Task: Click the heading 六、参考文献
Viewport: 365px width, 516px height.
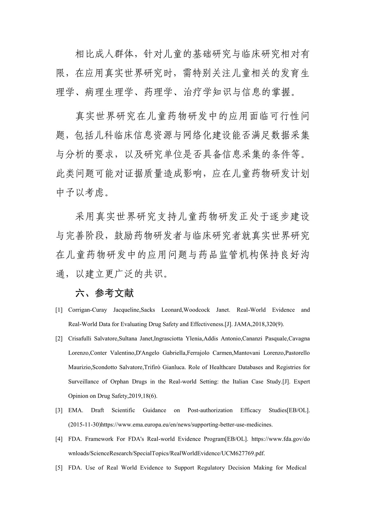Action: (104, 293)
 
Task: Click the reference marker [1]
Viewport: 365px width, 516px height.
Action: (59, 310)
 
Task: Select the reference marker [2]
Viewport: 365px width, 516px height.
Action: (59, 339)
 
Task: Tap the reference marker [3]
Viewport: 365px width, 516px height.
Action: (59, 410)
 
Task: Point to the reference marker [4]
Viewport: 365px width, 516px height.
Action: (59, 439)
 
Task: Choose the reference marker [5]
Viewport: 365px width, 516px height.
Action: (59, 468)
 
